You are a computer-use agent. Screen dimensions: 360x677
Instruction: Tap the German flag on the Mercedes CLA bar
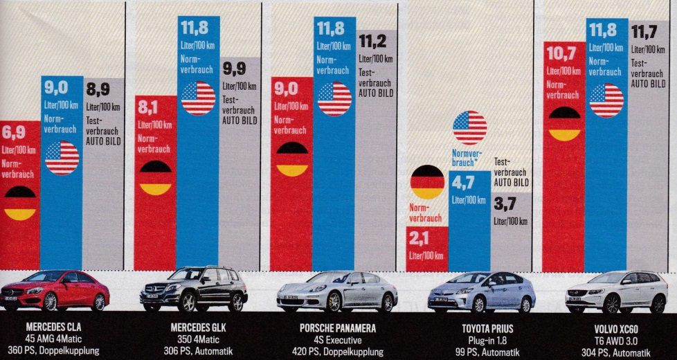click(x=20, y=203)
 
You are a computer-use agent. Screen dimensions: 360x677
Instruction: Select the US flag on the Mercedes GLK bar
click(x=198, y=98)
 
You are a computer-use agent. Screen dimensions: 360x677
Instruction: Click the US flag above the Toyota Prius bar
click(x=469, y=128)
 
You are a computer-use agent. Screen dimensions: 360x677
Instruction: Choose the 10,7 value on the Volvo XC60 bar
click(x=561, y=53)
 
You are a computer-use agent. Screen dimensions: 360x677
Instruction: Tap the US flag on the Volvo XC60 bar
click(x=606, y=100)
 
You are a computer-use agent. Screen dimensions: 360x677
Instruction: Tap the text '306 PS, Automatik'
click(x=199, y=350)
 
